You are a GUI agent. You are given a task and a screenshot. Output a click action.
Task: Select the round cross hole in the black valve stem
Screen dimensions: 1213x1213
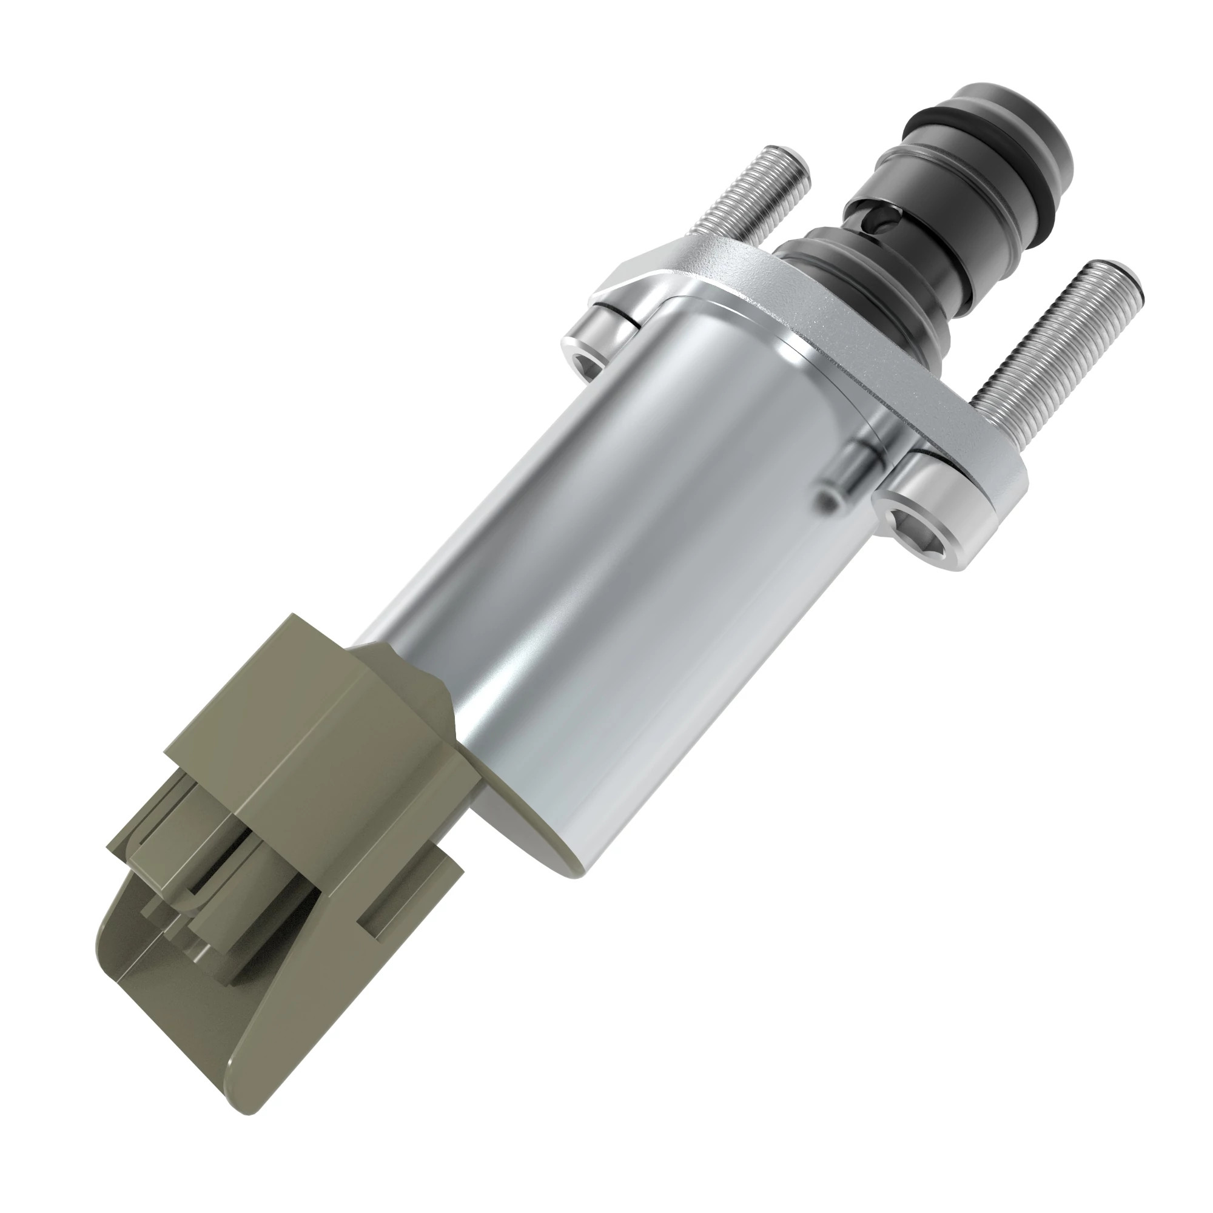pyautogui.click(x=875, y=223)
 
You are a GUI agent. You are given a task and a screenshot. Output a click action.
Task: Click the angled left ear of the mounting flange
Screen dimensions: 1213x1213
pyautogui.click(x=634, y=276)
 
